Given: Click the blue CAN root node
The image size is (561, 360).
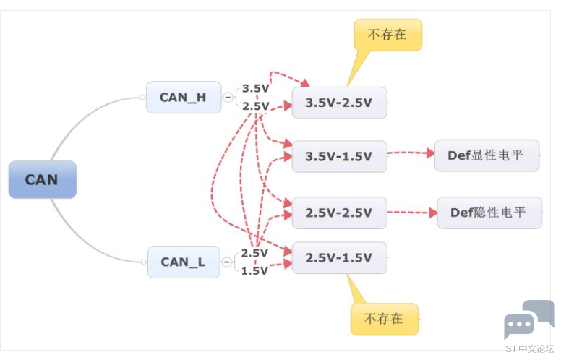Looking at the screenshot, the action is tap(43, 180).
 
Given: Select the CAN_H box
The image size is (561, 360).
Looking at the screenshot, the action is tap(184, 98).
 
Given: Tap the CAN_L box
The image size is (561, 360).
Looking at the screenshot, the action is tap(184, 262).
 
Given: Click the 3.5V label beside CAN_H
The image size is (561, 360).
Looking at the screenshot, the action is tap(255, 88).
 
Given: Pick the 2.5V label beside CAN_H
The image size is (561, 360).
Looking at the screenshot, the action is tap(255, 106).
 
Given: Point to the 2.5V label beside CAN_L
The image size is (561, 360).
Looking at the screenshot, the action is tap(254, 253).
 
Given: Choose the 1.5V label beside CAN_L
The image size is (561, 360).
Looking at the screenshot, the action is tap(254, 271).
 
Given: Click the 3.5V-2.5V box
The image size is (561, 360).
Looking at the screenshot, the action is tap(339, 103).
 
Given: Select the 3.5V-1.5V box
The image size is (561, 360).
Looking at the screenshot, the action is tap(339, 156).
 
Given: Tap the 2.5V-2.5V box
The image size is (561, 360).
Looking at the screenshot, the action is tap(339, 213).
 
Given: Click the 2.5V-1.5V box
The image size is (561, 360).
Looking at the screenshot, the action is tap(339, 257).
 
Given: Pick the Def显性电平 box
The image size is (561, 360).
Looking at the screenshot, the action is tap(487, 155).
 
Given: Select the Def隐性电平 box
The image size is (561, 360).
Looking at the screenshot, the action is tap(489, 213).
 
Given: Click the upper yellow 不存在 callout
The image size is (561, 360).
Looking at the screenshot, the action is tap(387, 35).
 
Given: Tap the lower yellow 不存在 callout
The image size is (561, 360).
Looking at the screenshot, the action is tap(385, 320).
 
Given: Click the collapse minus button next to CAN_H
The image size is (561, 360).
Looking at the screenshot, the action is tap(228, 98).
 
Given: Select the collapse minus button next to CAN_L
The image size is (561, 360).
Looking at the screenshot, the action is tap(226, 262).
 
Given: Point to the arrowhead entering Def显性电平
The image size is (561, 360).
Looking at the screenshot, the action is tap(430, 153).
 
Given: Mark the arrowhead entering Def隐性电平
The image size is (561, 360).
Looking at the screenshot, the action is tap(433, 213).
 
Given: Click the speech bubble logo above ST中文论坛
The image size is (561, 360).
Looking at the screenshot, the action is tap(528, 320).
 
